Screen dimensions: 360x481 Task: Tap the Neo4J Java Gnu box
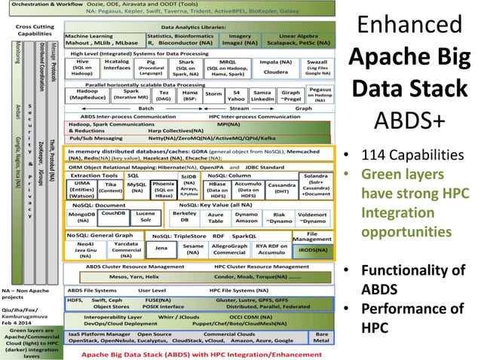82,249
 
